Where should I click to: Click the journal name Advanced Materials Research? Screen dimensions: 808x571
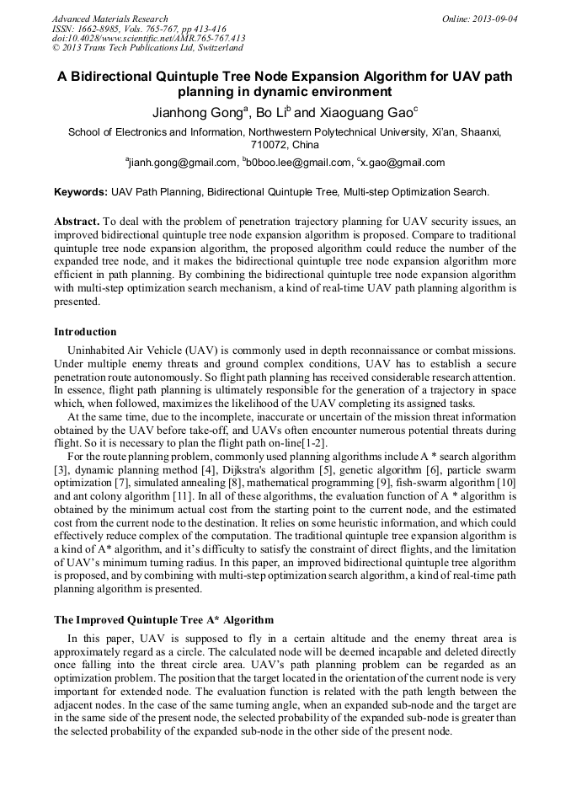tap(109, 19)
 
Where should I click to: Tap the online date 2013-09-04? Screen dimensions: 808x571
tap(494, 19)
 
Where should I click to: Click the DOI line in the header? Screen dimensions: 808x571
tap(148, 39)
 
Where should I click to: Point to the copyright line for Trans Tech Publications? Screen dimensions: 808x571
tap(147, 49)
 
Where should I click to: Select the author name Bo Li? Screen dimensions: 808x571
tap(273, 112)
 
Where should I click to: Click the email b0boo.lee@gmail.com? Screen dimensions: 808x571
tap(298, 163)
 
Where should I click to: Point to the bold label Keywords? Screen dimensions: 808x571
tap(81, 193)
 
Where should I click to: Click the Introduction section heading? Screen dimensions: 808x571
tap(85, 332)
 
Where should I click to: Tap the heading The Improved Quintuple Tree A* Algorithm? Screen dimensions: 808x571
tap(163, 620)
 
